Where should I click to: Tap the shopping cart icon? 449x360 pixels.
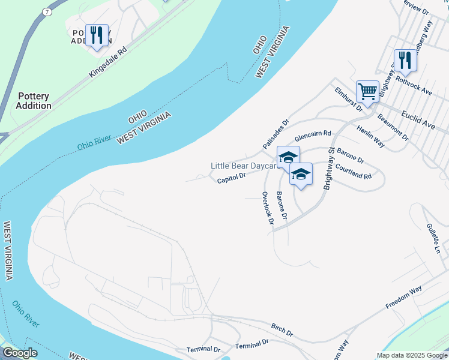pos(367,92)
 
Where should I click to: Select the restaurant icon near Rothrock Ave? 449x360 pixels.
pos(406,61)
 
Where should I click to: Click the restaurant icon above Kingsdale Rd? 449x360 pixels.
pos(96,35)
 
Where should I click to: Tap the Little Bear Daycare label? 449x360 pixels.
pos(243,166)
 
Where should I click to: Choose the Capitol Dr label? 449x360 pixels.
pos(232,178)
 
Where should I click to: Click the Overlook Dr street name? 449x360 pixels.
pos(268,208)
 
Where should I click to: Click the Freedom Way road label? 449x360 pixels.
pos(404,301)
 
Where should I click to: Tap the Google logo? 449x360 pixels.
pos(20,353)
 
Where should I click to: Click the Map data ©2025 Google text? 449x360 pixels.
pos(411,355)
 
